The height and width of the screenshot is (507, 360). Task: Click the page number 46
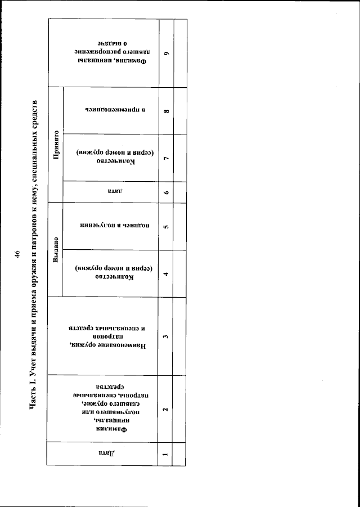[17, 254]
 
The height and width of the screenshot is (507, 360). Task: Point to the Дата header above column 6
[110, 191]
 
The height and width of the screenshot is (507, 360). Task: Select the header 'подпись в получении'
[110, 227]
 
